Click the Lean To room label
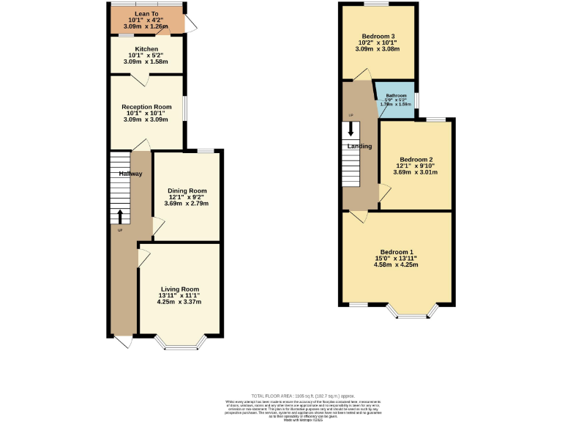[146, 13]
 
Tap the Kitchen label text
[146, 49]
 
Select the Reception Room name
[146, 107]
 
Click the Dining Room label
[182, 190]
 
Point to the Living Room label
[180, 289]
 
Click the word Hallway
[130, 174]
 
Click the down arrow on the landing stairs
[351, 129]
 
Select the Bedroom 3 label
[378, 36]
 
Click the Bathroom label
[396, 96]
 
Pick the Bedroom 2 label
[416, 160]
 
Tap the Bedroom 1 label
[396, 252]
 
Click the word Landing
[360, 147]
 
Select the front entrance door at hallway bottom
[122, 341]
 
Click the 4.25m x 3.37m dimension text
[180, 302]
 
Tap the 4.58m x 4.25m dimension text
[396, 265]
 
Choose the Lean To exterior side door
[190, 26]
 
